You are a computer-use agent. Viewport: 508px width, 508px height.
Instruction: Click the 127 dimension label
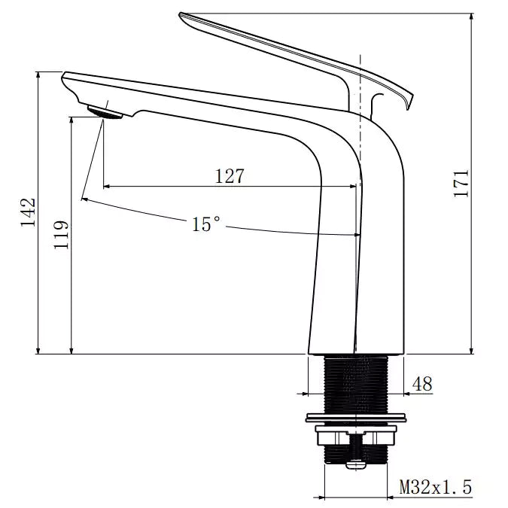click(x=230, y=176)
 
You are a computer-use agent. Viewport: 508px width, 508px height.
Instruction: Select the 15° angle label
click(x=206, y=224)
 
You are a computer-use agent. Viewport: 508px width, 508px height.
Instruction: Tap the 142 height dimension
click(x=28, y=213)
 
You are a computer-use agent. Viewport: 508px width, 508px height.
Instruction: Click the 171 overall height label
click(x=461, y=184)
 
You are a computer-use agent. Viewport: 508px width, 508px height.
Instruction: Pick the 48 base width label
click(x=422, y=384)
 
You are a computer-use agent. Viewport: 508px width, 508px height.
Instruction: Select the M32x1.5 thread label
click(x=436, y=488)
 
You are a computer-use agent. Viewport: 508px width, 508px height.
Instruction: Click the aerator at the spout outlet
click(x=105, y=112)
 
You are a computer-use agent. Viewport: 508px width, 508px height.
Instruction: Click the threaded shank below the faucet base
click(x=356, y=382)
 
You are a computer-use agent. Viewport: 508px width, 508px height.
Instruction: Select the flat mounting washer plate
click(x=355, y=417)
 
